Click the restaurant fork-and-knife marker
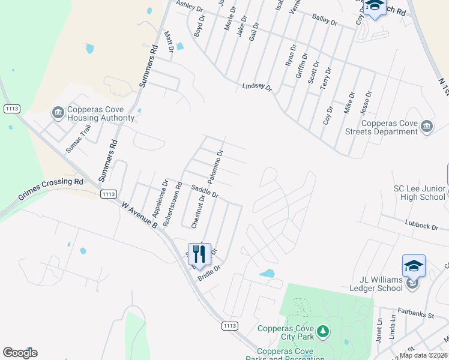tap(199, 254)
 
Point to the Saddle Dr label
tap(205, 191)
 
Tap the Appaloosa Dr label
tap(157, 197)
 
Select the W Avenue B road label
tap(139, 215)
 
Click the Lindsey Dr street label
tap(257, 88)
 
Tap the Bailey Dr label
tap(325, 20)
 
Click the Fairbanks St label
tap(416, 313)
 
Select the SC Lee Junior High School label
tap(418, 192)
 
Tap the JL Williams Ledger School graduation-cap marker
tap(414, 265)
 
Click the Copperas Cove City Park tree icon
tap(323, 331)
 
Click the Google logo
tap(20, 353)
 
